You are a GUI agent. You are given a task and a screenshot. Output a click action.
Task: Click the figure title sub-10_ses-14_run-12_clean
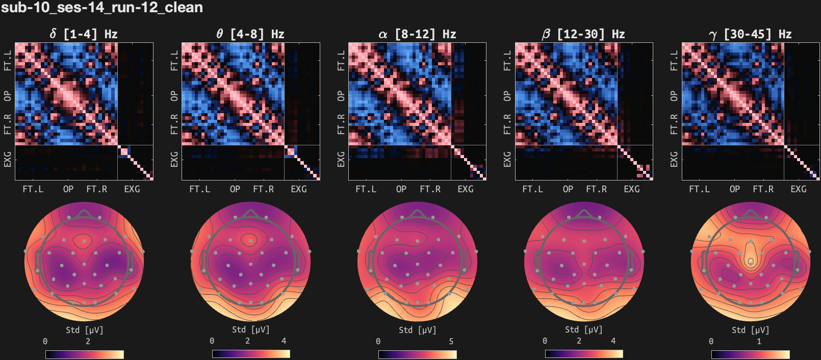coord(102,8)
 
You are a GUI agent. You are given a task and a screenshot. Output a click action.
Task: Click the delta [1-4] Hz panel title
coord(84,34)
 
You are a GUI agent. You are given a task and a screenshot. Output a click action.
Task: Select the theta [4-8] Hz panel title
coord(250,34)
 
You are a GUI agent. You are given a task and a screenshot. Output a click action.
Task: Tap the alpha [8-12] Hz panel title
coord(417,34)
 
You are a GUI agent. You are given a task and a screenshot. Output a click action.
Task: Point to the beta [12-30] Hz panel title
coord(583,34)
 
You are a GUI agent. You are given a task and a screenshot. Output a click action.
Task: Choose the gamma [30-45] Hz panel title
coord(750,34)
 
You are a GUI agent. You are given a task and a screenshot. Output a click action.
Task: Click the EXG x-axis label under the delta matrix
coord(132,189)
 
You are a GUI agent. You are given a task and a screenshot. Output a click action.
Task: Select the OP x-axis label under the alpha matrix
coord(401,189)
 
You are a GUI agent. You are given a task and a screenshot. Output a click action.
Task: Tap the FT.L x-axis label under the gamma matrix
coord(699,189)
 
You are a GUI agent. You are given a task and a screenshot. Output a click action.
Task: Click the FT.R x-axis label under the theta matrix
coord(263,189)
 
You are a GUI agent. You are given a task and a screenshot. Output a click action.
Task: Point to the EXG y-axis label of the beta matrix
coord(507,159)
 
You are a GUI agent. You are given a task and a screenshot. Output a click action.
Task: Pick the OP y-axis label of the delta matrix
coord(8,96)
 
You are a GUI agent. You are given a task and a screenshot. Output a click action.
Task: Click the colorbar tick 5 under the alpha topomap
coord(451,341)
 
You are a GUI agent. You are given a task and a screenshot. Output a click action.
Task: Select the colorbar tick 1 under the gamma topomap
coord(759,341)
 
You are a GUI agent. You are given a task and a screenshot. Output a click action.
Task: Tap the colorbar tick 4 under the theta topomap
coord(284,341)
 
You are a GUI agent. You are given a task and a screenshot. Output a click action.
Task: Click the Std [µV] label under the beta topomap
coord(583,330)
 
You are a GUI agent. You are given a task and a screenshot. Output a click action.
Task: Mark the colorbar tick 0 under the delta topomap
coord(45,341)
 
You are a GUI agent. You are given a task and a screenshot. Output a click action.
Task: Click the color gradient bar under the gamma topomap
coord(750,354)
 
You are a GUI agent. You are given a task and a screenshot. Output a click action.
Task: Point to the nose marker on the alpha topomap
coord(417,213)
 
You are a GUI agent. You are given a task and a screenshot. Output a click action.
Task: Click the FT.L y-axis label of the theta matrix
coord(174,60)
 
